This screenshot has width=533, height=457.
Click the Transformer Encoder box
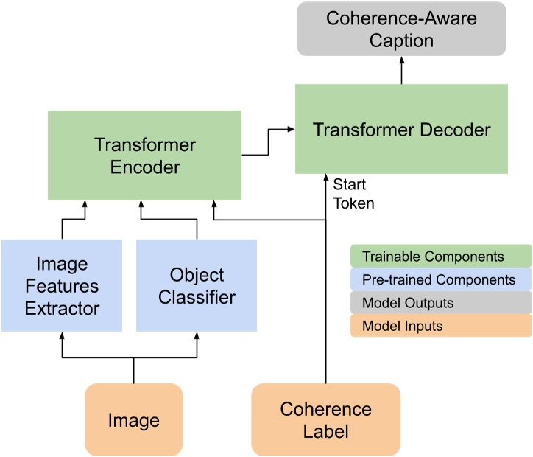tap(145, 156)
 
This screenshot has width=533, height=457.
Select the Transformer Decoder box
tap(401, 130)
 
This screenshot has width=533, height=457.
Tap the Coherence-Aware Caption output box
tap(402, 29)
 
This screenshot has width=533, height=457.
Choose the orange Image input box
tap(133, 419)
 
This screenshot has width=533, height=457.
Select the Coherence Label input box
tap(325, 419)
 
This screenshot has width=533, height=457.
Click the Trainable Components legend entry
tap(440, 257)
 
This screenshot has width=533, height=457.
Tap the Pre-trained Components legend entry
tap(440, 280)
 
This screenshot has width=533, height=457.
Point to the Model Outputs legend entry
tap(440, 303)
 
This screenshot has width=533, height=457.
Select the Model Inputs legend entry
tap(440, 326)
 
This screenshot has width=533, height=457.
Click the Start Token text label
tap(350, 194)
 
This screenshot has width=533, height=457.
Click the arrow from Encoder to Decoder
tap(269, 144)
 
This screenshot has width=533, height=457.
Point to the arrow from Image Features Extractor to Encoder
tap(74, 219)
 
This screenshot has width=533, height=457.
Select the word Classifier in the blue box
tap(197, 298)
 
